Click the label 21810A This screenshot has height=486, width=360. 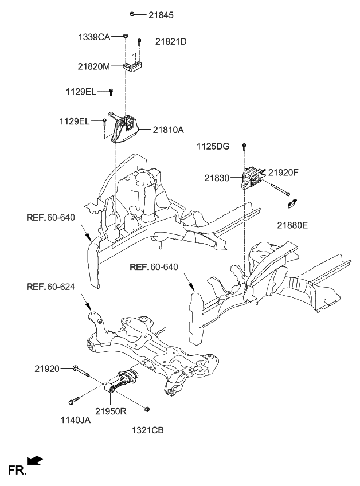pyautogui.click(x=168, y=130)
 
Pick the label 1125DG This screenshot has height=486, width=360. pyautogui.click(x=213, y=146)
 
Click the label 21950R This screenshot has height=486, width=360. pyautogui.click(x=111, y=411)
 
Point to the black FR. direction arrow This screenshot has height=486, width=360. pyautogui.click(x=35, y=460)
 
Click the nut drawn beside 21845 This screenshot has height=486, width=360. pyautogui.click(x=132, y=13)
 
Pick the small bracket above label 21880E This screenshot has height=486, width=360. pyautogui.click(x=292, y=203)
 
